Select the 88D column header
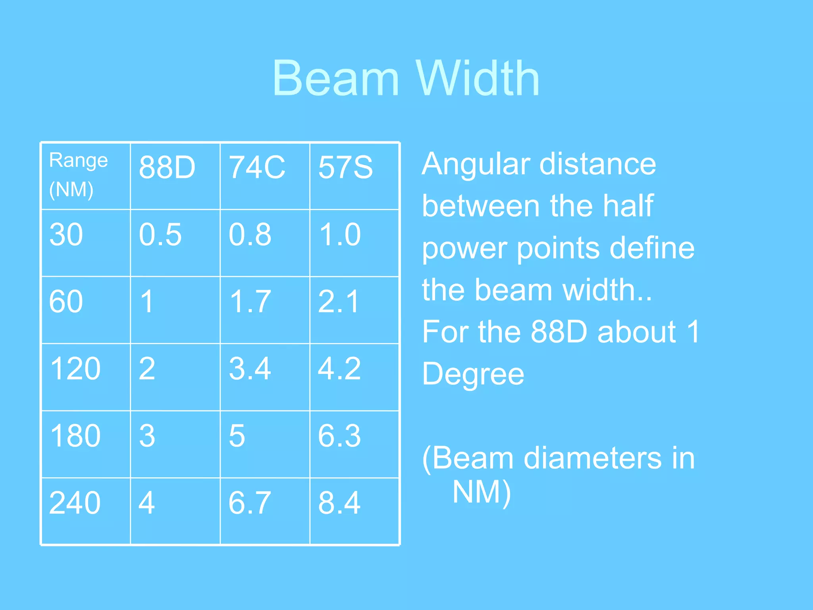167,167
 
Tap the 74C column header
257,167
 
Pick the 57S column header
345,167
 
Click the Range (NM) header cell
78,175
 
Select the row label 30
66,234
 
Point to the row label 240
75,503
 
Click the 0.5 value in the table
160,234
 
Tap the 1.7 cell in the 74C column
250,301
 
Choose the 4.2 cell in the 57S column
339,369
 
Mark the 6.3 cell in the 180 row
339,436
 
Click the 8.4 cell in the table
339,503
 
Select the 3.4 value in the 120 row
250,369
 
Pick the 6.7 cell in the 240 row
250,503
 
